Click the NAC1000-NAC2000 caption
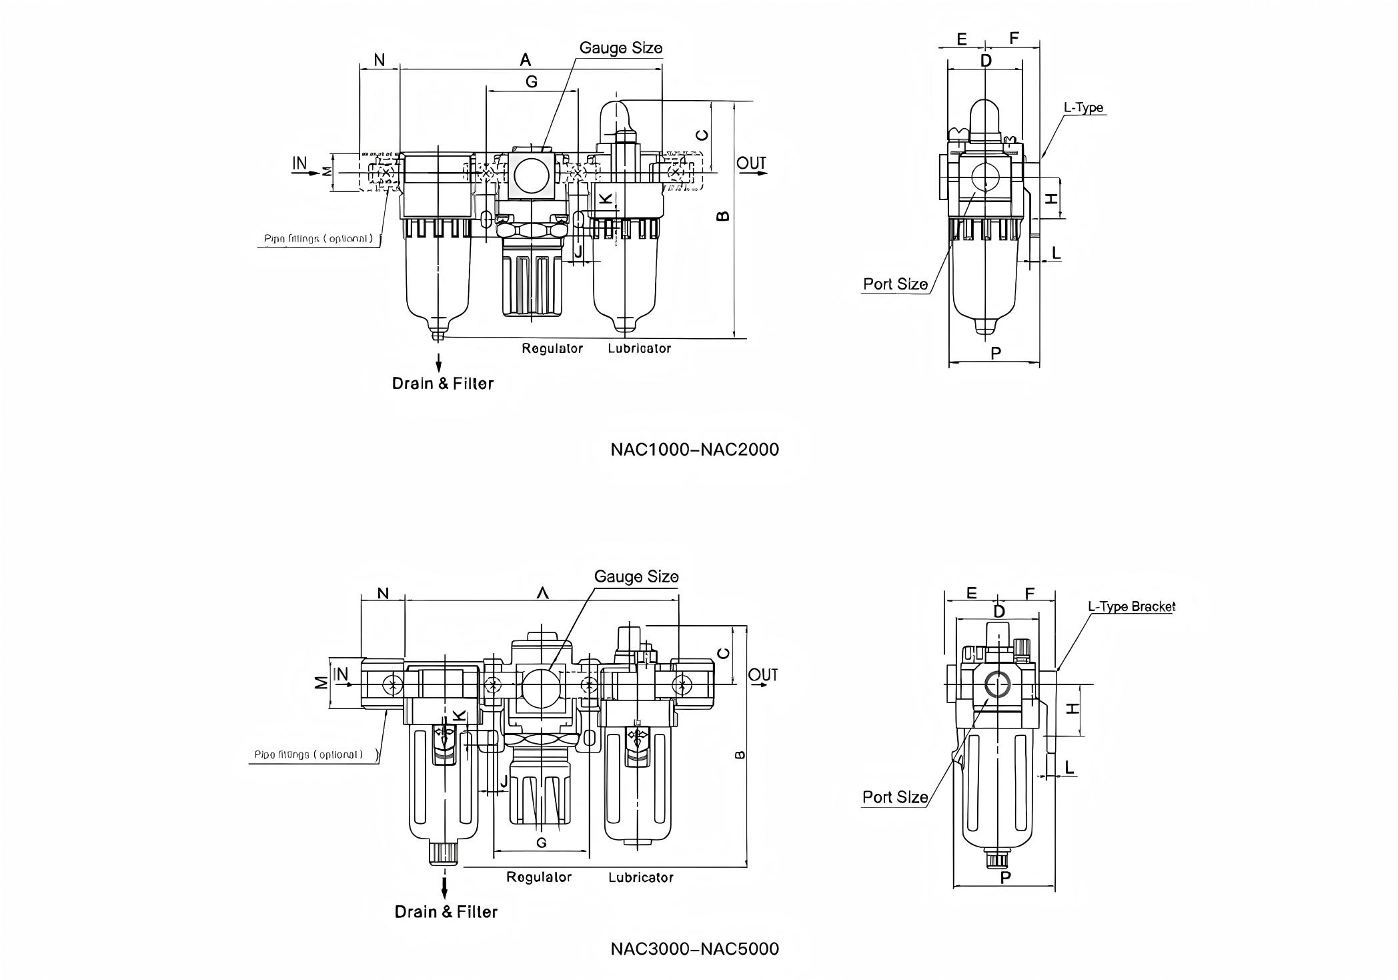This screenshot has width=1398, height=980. (694, 450)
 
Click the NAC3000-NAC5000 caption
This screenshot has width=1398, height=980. (694, 949)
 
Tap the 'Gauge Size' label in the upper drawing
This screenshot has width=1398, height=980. (620, 48)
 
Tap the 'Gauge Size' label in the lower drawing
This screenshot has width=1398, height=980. (636, 576)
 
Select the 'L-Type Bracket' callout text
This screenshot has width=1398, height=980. (1131, 606)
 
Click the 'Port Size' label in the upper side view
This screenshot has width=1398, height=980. (895, 284)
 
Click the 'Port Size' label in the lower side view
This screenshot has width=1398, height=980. (895, 797)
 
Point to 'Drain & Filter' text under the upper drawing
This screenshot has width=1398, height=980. (443, 384)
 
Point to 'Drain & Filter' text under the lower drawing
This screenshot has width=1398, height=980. (446, 912)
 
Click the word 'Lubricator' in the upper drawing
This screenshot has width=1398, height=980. (639, 348)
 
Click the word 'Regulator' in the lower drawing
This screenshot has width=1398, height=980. (539, 877)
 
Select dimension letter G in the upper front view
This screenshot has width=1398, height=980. (532, 81)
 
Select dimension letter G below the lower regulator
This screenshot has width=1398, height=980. (541, 843)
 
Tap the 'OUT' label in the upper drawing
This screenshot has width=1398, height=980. (752, 163)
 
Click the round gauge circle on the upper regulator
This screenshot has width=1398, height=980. (532, 175)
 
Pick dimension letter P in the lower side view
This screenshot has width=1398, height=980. (1006, 878)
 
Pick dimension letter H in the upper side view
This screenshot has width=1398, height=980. (1052, 198)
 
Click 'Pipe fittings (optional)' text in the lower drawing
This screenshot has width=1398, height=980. (309, 755)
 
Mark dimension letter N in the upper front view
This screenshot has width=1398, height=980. (379, 60)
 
